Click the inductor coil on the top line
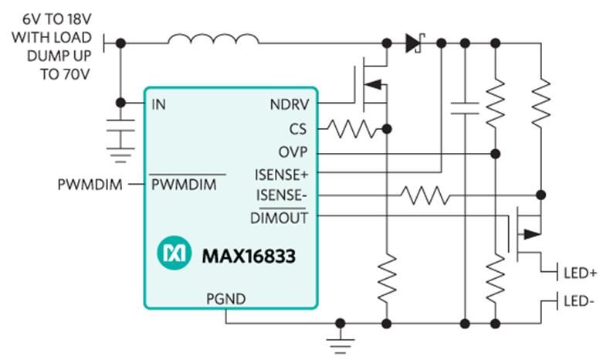(x=213, y=39)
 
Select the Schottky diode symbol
(x=415, y=42)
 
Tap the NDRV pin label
(x=290, y=104)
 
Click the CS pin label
(x=298, y=129)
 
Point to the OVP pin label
(x=293, y=152)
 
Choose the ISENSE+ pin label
(x=281, y=175)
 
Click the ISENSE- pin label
(x=281, y=195)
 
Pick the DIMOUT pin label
(x=279, y=218)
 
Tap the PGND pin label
(x=226, y=299)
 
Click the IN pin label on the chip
(x=159, y=104)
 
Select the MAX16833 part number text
(x=249, y=256)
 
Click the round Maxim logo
(x=174, y=253)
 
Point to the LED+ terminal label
(x=580, y=273)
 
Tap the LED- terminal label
(x=579, y=301)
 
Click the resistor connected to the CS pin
(x=352, y=129)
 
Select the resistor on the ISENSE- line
(x=425, y=195)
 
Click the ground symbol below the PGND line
(x=341, y=342)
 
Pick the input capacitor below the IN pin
(x=120, y=125)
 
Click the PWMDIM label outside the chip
(x=90, y=185)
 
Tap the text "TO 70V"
(x=65, y=74)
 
